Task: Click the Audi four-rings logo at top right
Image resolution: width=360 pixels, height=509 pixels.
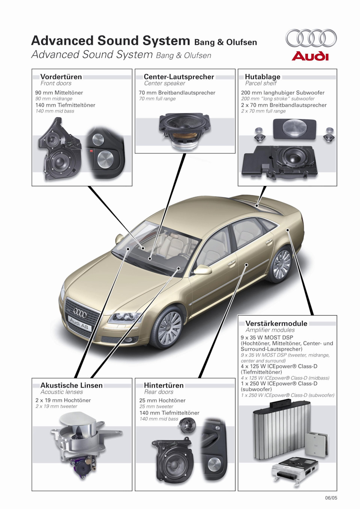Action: pos(311,38)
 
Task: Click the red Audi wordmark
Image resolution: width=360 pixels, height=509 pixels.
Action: pos(310,56)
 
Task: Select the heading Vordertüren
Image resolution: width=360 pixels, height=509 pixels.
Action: pos(61,77)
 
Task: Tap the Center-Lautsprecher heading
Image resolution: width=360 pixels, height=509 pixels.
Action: pos(179,77)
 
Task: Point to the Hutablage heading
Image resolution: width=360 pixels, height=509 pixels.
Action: pos(262,77)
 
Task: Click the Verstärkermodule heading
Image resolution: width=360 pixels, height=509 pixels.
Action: pos(276,323)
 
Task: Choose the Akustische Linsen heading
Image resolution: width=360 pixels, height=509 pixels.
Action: pos(71,385)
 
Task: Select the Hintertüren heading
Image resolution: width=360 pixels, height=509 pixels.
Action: pos(164,385)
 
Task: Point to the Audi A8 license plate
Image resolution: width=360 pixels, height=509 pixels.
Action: pos(79,323)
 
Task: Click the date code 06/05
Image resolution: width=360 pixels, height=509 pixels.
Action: pos(331,498)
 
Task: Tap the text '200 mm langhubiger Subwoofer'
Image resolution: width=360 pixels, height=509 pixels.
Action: pos(283,93)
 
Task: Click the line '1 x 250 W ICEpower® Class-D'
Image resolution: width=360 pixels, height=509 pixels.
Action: pos(279,383)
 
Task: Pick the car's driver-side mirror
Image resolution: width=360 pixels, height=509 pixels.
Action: pos(202,269)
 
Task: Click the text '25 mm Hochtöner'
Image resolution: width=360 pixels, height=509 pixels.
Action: pos(162,400)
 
